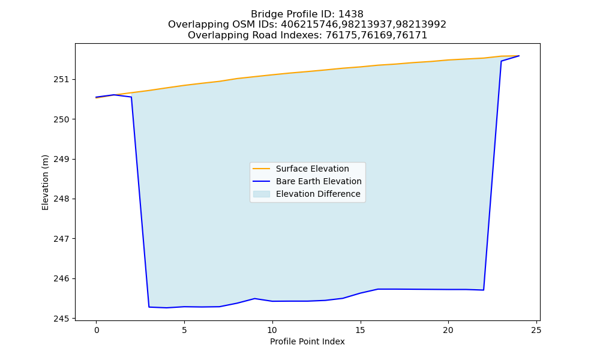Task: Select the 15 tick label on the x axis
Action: pos(360,330)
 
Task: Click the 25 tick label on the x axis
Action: pos(536,330)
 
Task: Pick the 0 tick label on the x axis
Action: pos(97,330)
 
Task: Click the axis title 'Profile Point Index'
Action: pos(307,341)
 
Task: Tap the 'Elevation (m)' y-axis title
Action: pos(45,182)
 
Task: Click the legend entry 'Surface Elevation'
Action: pos(312,169)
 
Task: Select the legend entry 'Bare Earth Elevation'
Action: pos(319,181)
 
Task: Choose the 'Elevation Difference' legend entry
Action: pos(318,194)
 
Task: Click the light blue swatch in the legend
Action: pos(262,194)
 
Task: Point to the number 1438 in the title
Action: pos(351,14)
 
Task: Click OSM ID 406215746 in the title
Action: pos(305,25)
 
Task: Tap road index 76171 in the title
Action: pos(414,35)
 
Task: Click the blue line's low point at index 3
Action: pos(149,307)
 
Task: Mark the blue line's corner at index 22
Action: pos(484,290)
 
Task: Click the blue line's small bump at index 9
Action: pos(254,298)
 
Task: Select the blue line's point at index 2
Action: pos(131,97)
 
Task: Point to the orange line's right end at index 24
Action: pos(519,56)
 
